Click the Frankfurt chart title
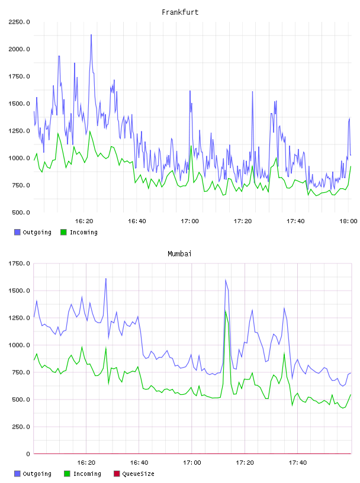point(180,12)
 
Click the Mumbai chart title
point(179,253)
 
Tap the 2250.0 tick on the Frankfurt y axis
point(19,22)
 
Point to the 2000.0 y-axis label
point(19,49)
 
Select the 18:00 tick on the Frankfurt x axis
point(348,221)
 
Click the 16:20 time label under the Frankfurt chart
point(84,221)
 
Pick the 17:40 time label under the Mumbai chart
point(298,462)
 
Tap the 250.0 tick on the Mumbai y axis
point(21,427)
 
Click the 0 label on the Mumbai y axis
point(28,454)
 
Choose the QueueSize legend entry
point(134,474)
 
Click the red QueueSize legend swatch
point(117,474)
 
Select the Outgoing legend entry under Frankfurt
point(33,232)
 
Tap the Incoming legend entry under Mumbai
point(83,474)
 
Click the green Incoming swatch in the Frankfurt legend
point(63,232)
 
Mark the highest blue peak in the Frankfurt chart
point(91,35)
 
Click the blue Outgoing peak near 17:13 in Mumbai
point(226,280)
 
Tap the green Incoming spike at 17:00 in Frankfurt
point(191,146)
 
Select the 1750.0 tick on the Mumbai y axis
point(19,263)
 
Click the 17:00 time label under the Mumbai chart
point(192,462)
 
